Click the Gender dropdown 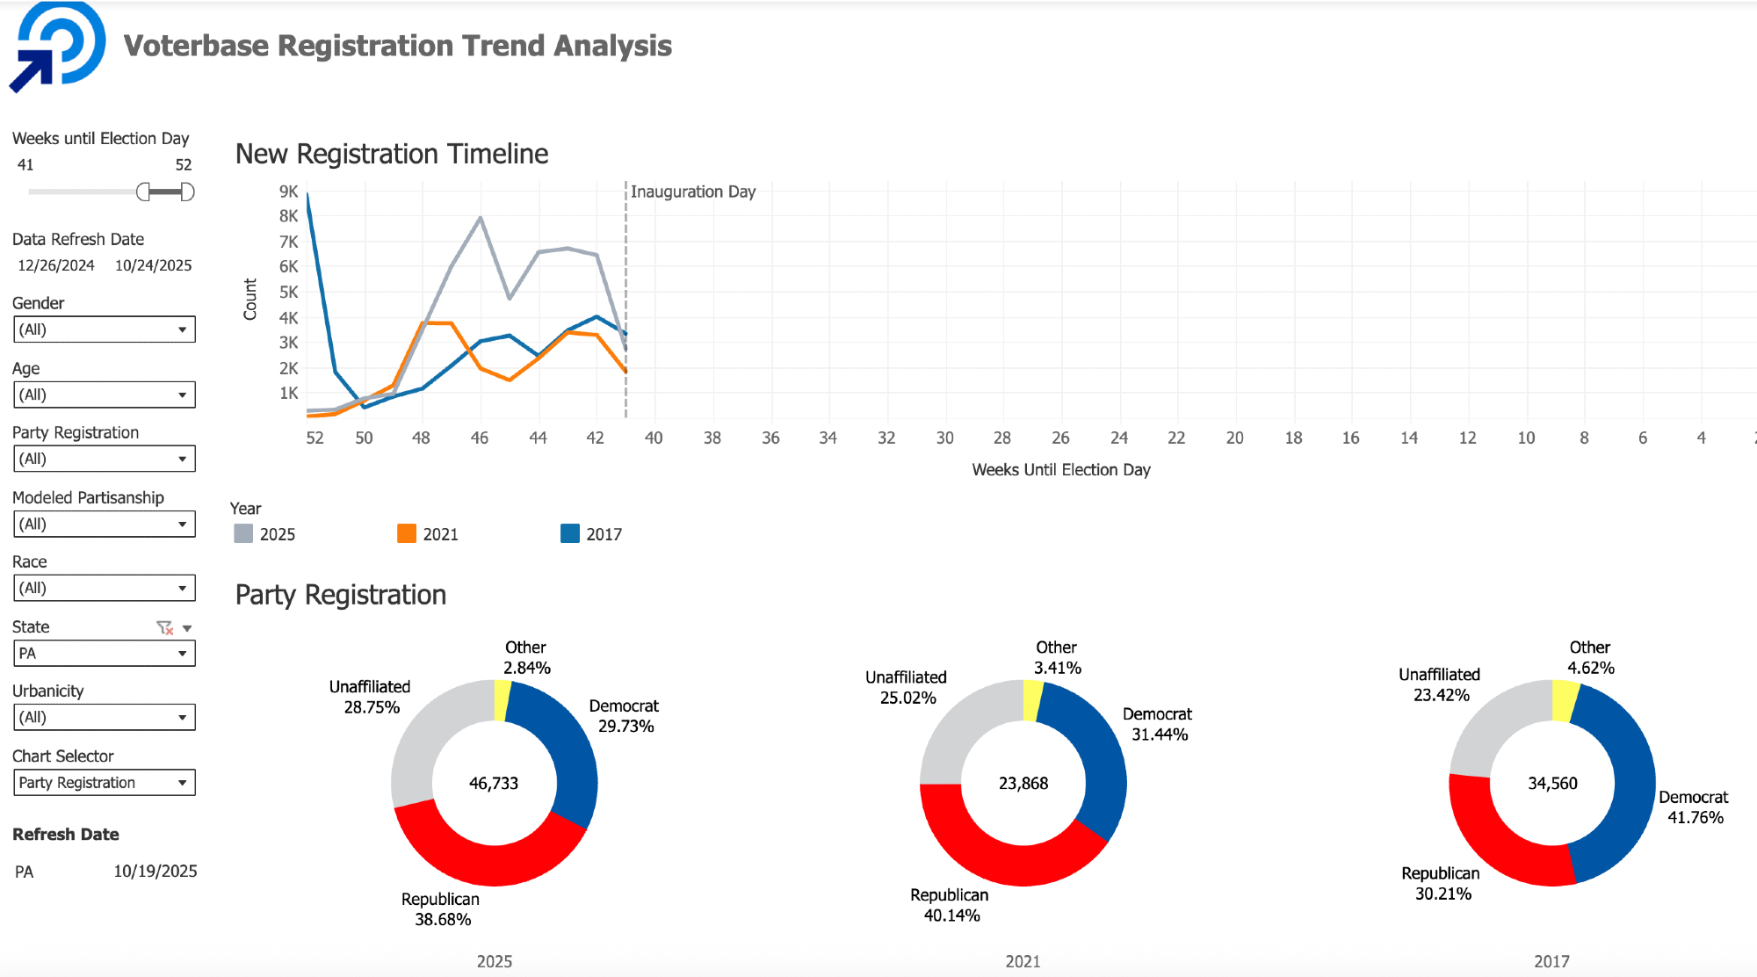(x=104, y=329)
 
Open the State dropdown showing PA (x=104, y=654)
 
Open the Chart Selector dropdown (x=104, y=783)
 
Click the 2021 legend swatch (x=407, y=534)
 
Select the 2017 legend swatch (x=570, y=534)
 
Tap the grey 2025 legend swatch (x=243, y=534)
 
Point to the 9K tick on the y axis (x=289, y=192)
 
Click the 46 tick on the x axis (x=480, y=438)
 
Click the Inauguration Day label (x=693, y=192)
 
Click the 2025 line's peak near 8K (x=481, y=217)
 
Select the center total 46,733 (x=494, y=783)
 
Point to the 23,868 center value (x=1023, y=783)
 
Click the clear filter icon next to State (x=164, y=627)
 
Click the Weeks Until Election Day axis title (x=1061, y=470)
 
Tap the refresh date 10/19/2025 (x=155, y=872)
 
